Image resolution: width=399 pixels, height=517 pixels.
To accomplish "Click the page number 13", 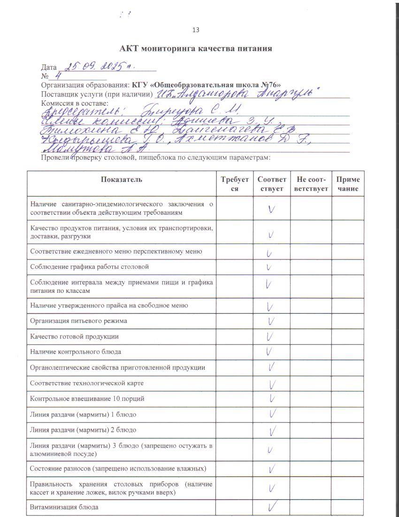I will point(196,30).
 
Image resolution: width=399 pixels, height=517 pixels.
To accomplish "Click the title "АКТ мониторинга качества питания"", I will point(196,48).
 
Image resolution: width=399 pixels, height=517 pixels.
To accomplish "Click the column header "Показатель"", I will point(121,179).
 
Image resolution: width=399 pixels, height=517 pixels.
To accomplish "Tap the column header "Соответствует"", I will point(271,184).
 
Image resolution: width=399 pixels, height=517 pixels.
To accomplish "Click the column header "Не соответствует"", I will point(311,184).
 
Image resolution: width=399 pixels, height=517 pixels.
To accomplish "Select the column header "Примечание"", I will point(348,184).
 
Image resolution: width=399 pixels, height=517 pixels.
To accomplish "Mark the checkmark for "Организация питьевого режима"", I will point(271,321).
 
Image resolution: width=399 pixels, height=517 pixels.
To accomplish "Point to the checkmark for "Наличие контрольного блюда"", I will point(269,351).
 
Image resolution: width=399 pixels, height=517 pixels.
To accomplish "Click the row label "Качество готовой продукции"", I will point(74,337).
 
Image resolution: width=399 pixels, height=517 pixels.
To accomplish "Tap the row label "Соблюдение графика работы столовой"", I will point(89,267).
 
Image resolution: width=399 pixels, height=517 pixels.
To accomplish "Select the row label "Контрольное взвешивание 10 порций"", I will point(87,399).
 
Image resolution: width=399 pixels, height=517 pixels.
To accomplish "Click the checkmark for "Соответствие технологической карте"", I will point(272,384).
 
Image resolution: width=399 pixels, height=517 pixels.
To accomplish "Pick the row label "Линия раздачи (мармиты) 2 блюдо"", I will point(83,430).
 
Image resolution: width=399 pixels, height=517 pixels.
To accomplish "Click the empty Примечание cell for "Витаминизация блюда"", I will point(348,507).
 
